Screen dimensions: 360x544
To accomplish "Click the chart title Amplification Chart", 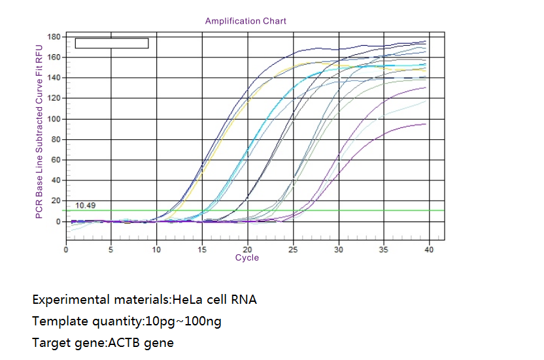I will point(245,21).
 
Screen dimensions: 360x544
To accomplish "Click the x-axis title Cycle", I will point(247,258).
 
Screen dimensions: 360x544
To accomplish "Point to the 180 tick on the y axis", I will point(54,37).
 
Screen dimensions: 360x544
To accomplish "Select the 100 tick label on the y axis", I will point(54,119).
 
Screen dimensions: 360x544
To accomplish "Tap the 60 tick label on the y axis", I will point(56,160).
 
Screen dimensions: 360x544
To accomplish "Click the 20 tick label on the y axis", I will point(56,201).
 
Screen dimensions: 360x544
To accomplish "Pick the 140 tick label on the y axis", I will point(54,78).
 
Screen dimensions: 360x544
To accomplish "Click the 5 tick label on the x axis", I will point(111,250).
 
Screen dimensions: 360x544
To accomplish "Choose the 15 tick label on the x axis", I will point(202,250).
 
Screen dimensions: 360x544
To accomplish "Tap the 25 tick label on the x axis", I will point(293,250).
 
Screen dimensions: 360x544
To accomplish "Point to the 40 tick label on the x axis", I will point(429,250).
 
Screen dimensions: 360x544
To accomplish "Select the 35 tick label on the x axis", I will point(384,250).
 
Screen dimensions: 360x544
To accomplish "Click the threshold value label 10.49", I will point(84,205).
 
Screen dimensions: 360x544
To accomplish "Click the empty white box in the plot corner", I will point(112,43).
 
